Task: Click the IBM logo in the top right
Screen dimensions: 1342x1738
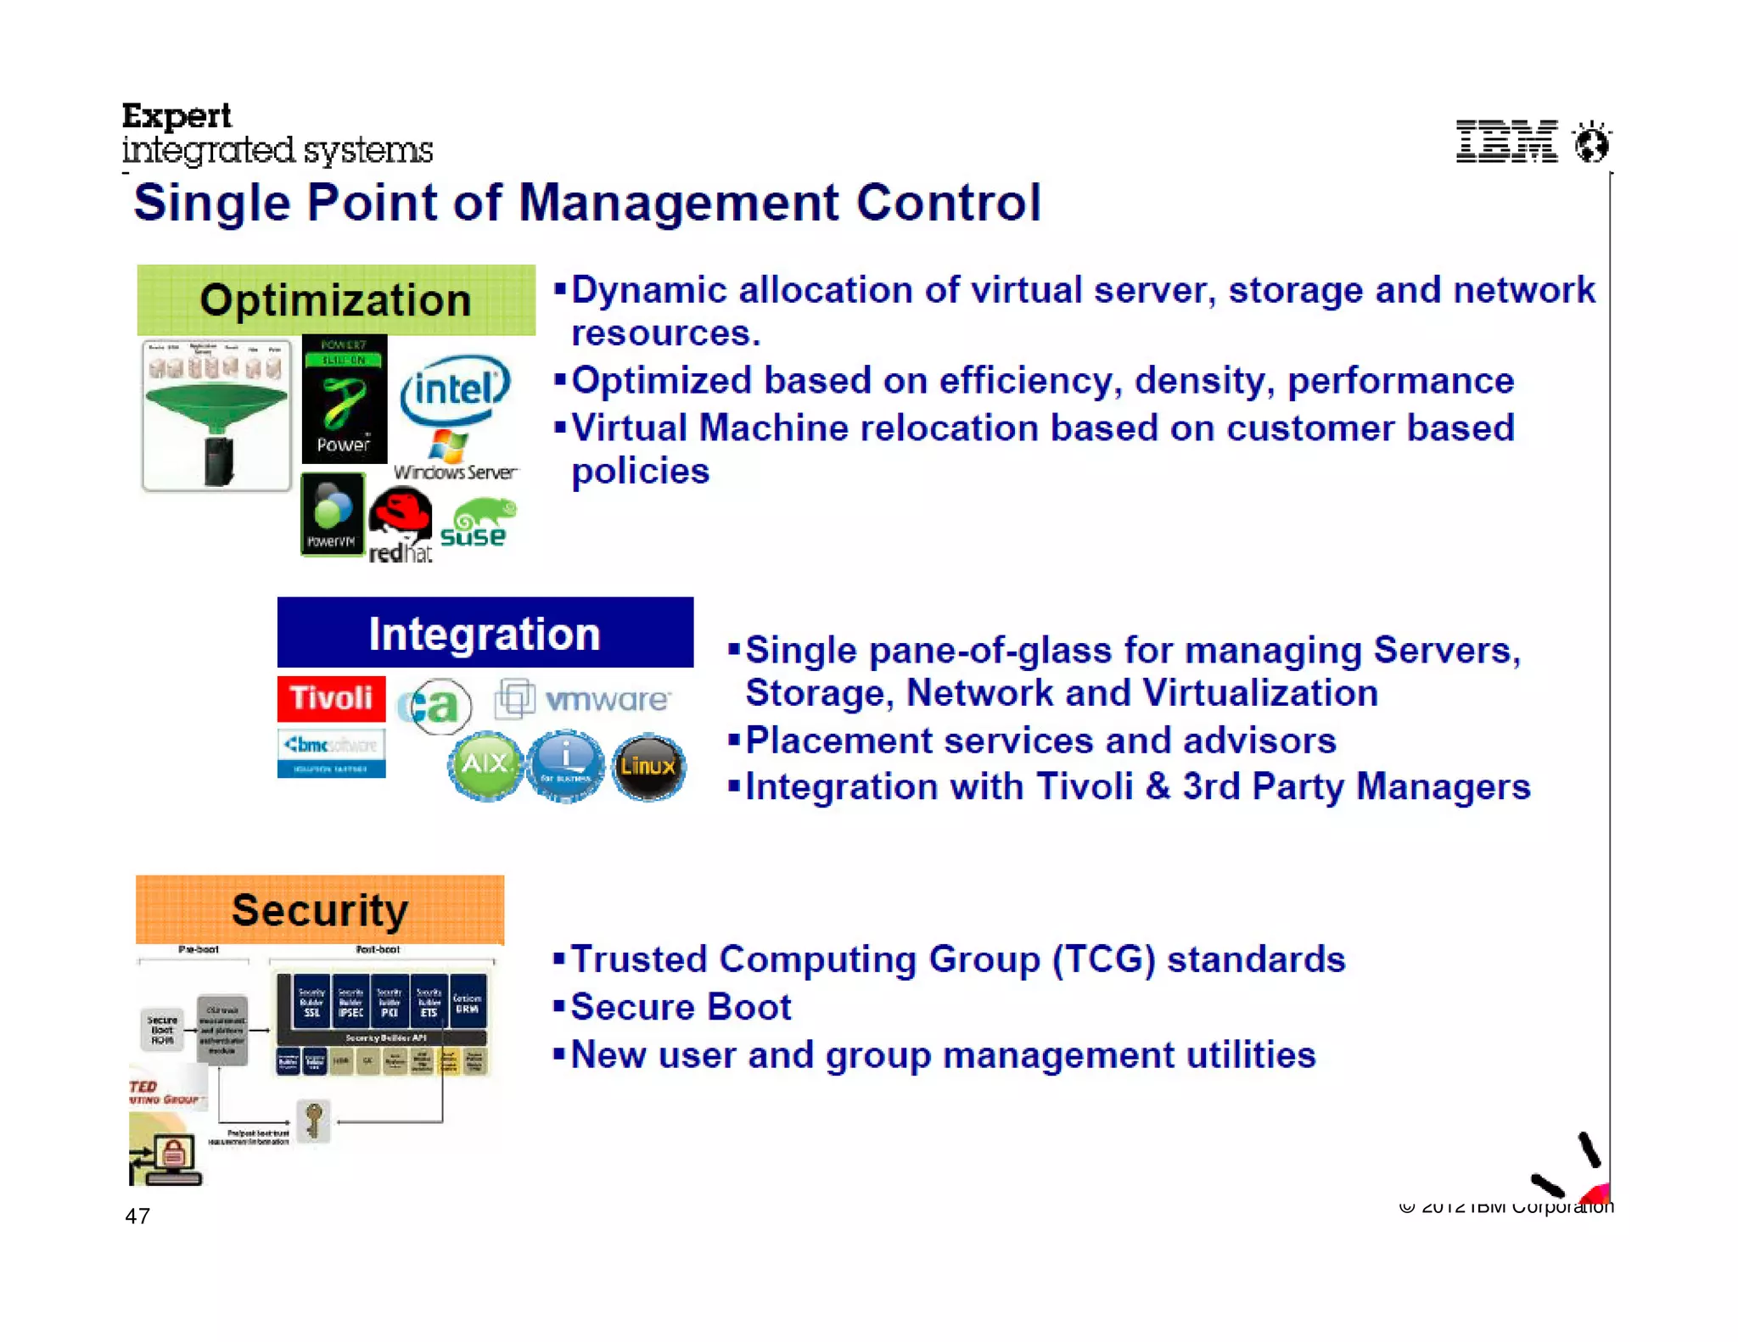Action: pos(1506,142)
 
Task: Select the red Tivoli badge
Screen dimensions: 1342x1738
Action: pos(331,698)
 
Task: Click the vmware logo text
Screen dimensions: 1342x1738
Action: pos(607,700)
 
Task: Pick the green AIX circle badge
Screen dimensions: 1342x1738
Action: pos(485,765)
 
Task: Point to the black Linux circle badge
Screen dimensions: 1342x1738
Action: pos(648,767)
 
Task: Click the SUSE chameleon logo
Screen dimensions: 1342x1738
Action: pos(477,524)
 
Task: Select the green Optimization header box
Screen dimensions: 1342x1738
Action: pos(336,300)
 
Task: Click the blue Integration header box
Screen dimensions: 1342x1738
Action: pos(485,633)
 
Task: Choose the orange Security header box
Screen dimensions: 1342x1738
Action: pos(320,909)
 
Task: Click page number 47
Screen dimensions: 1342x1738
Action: pos(137,1216)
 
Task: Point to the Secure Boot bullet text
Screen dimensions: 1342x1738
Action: pos(681,1007)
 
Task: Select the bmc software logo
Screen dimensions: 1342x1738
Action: pos(331,752)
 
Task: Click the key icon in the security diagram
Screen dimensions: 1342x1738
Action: pos(313,1120)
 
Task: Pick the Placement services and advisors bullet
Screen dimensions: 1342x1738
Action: pos(1040,741)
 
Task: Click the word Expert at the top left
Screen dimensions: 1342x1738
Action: pos(177,115)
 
